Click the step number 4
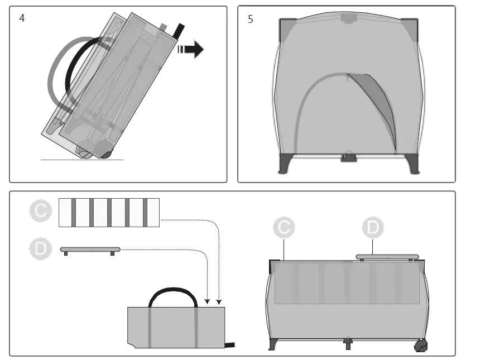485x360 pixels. pyautogui.click(x=22, y=18)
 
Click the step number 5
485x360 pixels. pyautogui.click(x=250, y=19)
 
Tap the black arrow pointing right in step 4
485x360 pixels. pyautogui.click(x=191, y=49)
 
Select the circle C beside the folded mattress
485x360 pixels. pyautogui.click(x=40, y=212)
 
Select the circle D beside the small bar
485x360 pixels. pyautogui.click(x=40, y=249)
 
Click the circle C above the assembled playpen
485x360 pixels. pyautogui.click(x=284, y=228)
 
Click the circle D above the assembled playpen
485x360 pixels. pyautogui.click(x=373, y=228)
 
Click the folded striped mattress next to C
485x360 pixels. pyautogui.click(x=109, y=212)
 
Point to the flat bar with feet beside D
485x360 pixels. pyautogui.click(x=90, y=248)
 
